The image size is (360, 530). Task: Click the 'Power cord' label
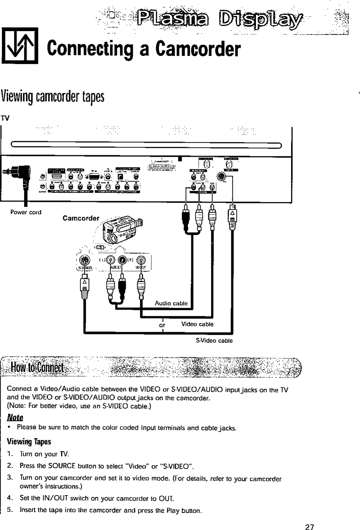pyautogui.click(x=26, y=212)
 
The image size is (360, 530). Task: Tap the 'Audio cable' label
pyautogui.click(x=171, y=304)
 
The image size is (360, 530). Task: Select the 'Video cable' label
pyautogui.click(x=197, y=324)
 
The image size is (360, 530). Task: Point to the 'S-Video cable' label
pyautogui.click(x=214, y=341)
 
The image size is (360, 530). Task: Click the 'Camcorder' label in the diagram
pyautogui.click(x=81, y=218)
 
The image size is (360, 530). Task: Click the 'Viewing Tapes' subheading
pyautogui.click(x=29, y=442)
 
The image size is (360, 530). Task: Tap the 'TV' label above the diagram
pyautogui.click(x=5, y=119)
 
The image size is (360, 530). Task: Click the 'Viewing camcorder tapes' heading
pyautogui.click(x=53, y=97)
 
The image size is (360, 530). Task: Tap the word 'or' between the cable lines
pyautogui.click(x=162, y=325)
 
